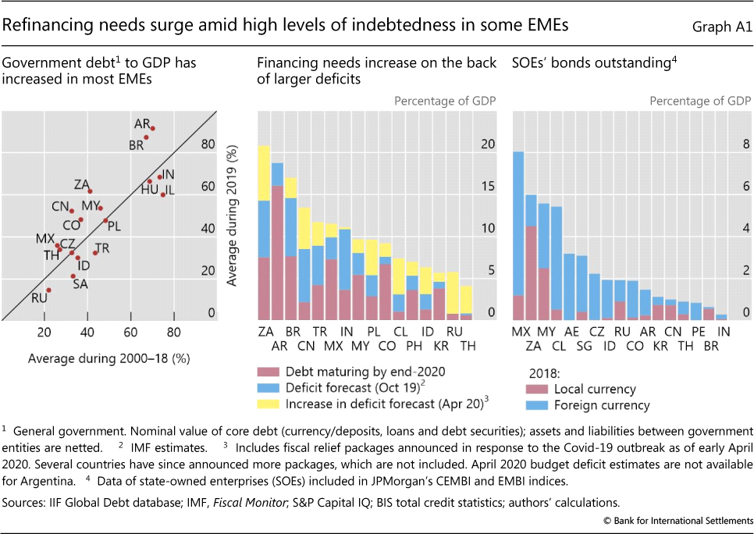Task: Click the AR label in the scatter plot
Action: (141, 123)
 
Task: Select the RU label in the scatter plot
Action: (39, 297)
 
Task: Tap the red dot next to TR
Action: (95, 252)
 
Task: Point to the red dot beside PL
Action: (105, 220)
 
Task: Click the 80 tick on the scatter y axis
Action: (208, 144)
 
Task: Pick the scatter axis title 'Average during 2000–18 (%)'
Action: (109, 358)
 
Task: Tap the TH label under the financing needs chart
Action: (466, 346)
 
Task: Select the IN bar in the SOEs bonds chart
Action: (721, 316)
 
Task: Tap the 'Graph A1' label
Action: (722, 27)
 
